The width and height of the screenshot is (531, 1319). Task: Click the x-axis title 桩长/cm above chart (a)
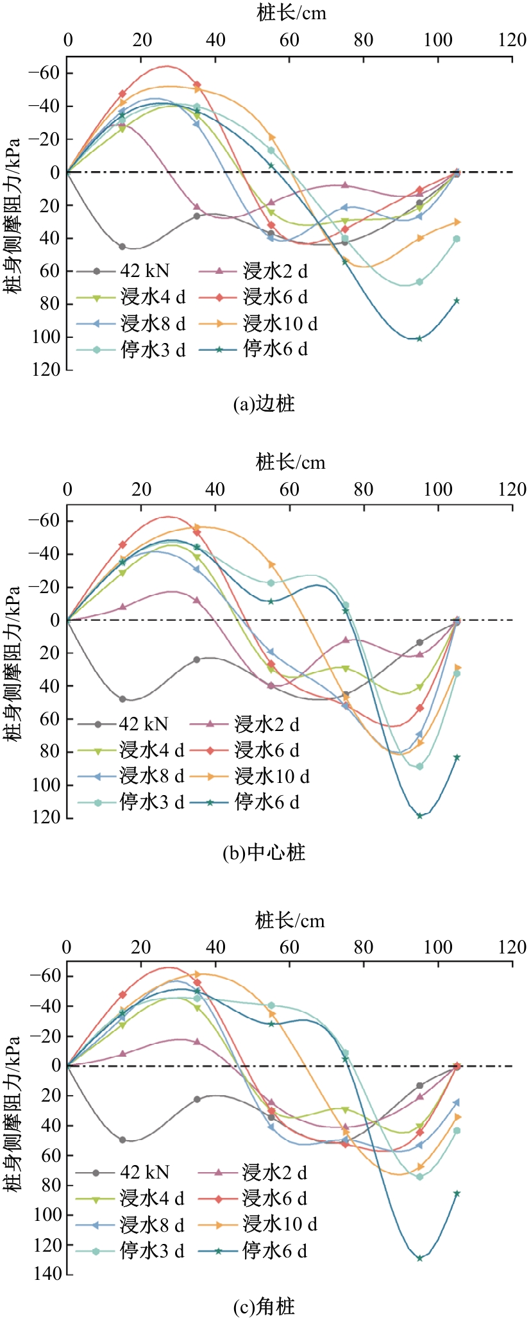click(291, 13)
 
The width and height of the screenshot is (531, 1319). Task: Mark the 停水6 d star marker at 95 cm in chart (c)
click(419, 1258)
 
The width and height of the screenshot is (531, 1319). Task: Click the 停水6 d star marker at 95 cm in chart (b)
click(419, 816)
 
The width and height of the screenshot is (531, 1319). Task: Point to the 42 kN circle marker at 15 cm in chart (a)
click(122, 247)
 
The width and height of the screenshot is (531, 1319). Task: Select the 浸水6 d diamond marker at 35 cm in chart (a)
click(197, 85)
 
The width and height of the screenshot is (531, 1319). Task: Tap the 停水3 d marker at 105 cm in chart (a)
click(457, 239)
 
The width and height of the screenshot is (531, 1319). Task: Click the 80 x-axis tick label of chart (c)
click(364, 947)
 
